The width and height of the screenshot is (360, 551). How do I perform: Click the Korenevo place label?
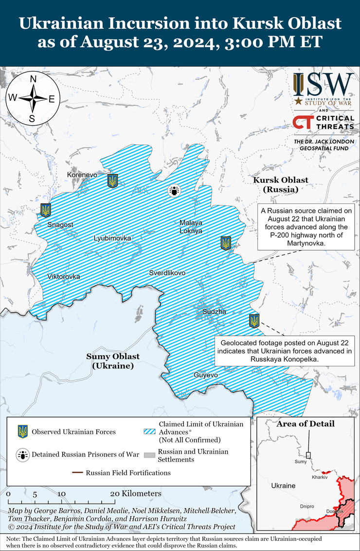point(82,174)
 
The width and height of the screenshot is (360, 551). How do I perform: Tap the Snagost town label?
point(60,225)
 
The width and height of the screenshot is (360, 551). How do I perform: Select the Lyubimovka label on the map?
point(112,238)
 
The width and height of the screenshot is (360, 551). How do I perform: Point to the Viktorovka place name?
point(63,276)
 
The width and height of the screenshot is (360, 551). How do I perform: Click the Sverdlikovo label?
point(167,273)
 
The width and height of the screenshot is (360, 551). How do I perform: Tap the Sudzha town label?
point(214,312)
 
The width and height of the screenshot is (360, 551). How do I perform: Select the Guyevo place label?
point(206,375)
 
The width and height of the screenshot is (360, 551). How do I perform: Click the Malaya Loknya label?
point(191,227)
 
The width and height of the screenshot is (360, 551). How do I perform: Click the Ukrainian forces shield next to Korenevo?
point(112,181)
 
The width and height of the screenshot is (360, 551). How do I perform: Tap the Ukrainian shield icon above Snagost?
point(46,210)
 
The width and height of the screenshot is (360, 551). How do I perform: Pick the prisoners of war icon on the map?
point(174,191)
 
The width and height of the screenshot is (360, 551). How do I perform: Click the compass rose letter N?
point(33,79)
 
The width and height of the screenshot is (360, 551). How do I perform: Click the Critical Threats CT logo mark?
point(302,122)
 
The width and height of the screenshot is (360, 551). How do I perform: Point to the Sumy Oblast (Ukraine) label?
point(112,361)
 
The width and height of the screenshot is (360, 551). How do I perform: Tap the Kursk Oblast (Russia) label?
point(280,184)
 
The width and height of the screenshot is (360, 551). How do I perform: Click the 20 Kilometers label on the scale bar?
point(136,494)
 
